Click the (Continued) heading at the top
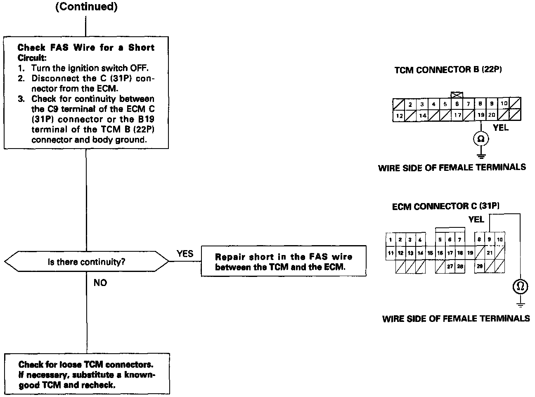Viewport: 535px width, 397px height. [x=86, y=7]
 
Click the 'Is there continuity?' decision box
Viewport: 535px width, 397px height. [x=86, y=262]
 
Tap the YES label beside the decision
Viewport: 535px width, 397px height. [x=185, y=253]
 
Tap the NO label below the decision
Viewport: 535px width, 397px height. [x=100, y=283]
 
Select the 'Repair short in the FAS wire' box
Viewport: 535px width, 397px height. [x=284, y=262]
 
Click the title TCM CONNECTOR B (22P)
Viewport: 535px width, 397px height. [x=448, y=70]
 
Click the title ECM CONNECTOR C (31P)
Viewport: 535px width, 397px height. [x=445, y=206]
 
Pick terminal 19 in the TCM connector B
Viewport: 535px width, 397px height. [x=481, y=116]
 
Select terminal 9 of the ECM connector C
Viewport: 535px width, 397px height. [x=490, y=239]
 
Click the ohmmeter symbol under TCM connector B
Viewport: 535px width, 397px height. [x=481, y=139]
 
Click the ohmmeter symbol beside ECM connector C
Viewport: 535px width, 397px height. [x=520, y=286]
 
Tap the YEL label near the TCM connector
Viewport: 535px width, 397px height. [x=501, y=128]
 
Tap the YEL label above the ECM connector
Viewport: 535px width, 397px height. [x=476, y=219]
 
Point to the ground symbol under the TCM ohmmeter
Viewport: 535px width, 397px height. [x=481, y=156]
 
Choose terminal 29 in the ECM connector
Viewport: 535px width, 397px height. [x=480, y=267]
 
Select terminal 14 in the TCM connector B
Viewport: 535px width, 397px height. [x=422, y=116]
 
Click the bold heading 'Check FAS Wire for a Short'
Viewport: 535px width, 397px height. [x=86, y=47]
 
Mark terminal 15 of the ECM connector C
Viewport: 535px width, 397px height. [x=430, y=253]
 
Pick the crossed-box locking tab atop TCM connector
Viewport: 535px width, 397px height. [x=457, y=95]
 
